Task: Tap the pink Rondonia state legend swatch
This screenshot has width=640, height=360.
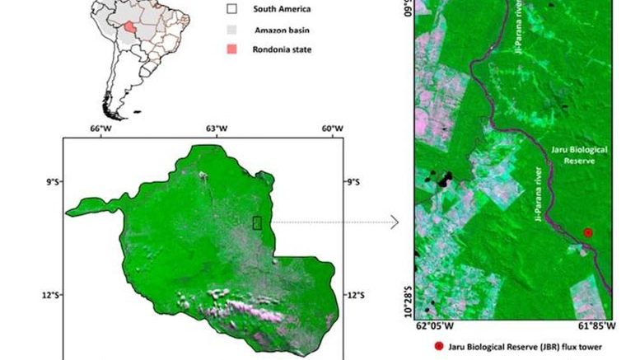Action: pyautogui.click(x=232, y=49)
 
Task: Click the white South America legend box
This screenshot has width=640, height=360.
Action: pyautogui.click(x=232, y=9)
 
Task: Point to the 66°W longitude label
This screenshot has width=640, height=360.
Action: pyautogui.click(x=100, y=129)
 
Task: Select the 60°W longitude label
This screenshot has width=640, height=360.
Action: pyautogui.click(x=332, y=129)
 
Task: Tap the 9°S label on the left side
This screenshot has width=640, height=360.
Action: pyautogui.click(x=51, y=181)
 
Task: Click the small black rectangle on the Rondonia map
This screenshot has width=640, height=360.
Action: pyautogui.click(x=257, y=222)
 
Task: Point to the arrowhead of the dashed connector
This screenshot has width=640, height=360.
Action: pyautogui.click(x=395, y=222)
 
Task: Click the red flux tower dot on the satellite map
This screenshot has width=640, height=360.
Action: pyautogui.click(x=588, y=233)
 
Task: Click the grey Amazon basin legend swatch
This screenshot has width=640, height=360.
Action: pyautogui.click(x=232, y=29)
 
